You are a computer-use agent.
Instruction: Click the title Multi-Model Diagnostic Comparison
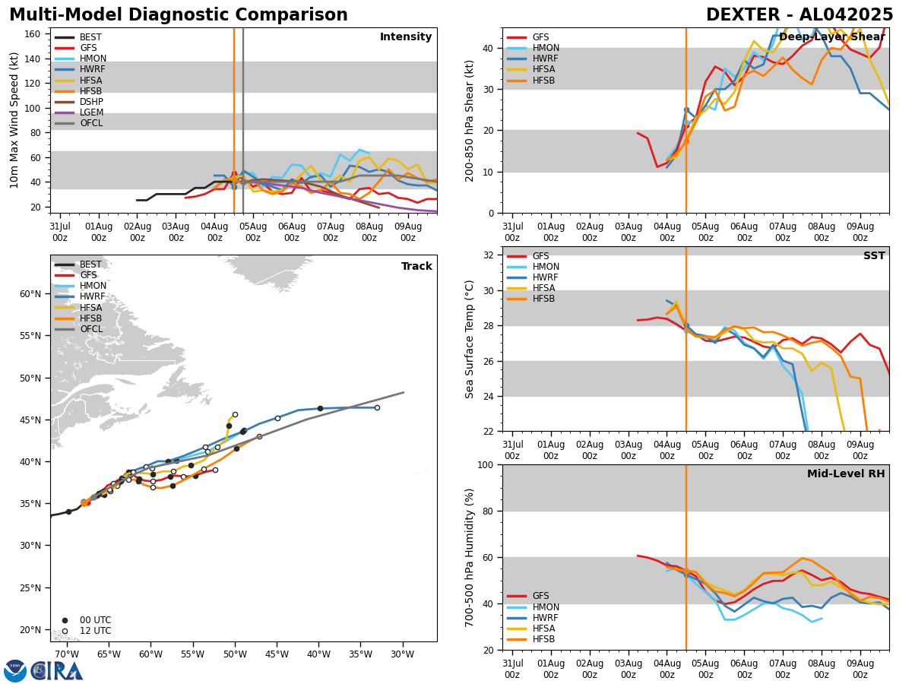click(x=178, y=15)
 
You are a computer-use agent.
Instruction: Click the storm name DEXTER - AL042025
click(x=800, y=15)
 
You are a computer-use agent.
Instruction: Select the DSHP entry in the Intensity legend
click(x=91, y=102)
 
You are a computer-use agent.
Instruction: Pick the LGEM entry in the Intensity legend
click(x=91, y=112)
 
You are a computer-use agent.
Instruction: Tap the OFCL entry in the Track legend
click(x=91, y=329)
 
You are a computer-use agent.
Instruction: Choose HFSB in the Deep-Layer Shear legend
click(x=543, y=81)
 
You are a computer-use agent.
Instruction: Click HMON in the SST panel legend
click(x=546, y=267)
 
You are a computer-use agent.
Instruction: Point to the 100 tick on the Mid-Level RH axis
click(x=486, y=464)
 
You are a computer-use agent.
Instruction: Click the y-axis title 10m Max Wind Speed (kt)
click(x=14, y=120)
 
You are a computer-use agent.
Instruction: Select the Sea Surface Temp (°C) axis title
click(x=470, y=339)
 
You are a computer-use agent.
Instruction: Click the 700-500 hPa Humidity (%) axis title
click(x=470, y=557)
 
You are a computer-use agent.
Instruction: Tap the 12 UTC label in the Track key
click(x=95, y=631)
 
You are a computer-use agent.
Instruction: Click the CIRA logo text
click(x=57, y=671)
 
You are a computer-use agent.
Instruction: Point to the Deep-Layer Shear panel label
click(x=831, y=37)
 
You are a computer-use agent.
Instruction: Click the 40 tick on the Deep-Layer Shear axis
click(x=490, y=48)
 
